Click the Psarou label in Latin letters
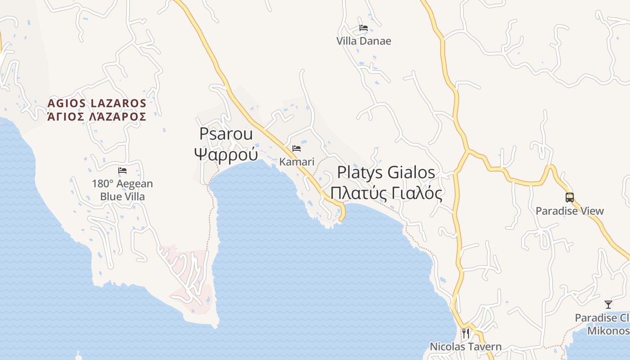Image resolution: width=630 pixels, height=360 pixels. point(226,134)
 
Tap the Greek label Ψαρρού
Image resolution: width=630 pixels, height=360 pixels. point(226,154)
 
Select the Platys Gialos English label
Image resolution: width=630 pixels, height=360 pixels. point(386,172)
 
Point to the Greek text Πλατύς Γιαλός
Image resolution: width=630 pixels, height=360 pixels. point(386,193)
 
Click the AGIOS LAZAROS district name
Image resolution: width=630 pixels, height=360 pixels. point(97,103)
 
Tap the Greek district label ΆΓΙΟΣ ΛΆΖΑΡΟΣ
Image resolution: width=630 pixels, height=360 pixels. point(97,117)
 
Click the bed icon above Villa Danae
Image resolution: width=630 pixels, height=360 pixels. point(364,28)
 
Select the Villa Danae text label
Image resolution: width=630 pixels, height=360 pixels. point(364,41)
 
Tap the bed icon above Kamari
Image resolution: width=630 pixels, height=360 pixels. point(297,148)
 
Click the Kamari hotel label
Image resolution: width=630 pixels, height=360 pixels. point(297,162)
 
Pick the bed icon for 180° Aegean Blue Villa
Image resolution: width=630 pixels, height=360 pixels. point(122,171)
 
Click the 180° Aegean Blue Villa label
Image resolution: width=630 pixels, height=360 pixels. point(122,190)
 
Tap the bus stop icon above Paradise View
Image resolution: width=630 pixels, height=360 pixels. point(570,197)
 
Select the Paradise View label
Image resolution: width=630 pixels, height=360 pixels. point(570,211)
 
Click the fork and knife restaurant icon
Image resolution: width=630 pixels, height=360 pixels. point(466,333)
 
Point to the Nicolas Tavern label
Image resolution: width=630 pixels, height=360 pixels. point(466,346)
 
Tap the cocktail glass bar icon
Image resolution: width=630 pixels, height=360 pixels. point(608,305)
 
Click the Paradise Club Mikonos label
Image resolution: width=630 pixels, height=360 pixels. point(603,324)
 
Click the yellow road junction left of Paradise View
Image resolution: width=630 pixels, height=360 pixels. point(468,151)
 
